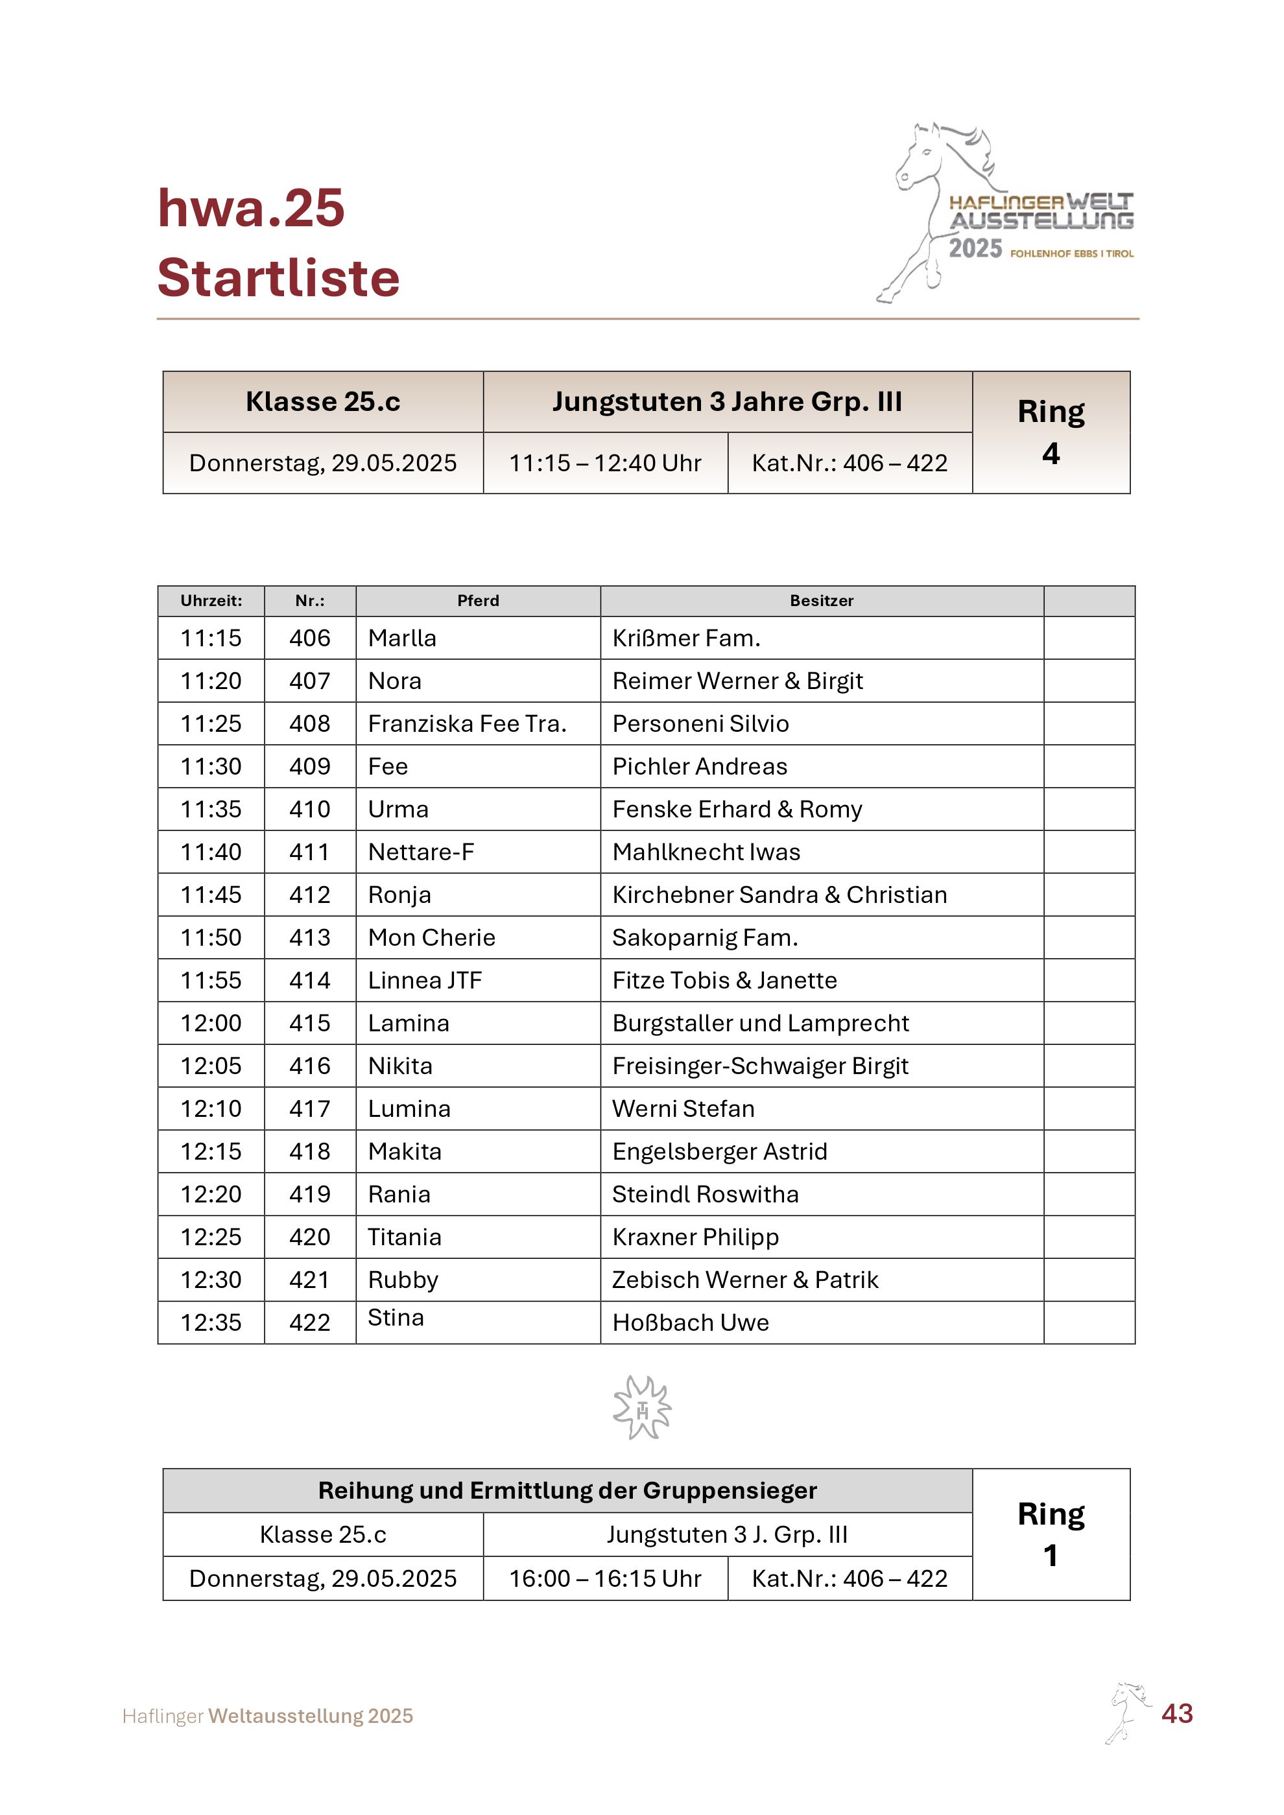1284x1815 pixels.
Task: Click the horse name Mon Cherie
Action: [432, 937]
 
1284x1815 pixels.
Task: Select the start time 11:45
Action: [211, 895]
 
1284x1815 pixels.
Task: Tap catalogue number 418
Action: [310, 1151]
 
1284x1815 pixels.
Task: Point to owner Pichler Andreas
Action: [700, 766]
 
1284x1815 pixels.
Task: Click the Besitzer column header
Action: [822, 601]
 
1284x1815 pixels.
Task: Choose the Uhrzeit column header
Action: [211, 601]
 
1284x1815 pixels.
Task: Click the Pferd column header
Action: [479, 601]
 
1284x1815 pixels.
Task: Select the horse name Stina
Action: [396, 1318]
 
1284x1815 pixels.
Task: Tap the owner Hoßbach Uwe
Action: [690, 1322]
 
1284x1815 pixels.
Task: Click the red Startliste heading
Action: [278, 277]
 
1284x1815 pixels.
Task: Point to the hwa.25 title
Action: [252, 208]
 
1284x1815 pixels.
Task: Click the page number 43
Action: [1176, 1713]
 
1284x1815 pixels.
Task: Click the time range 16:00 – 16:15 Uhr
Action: [605, 1578]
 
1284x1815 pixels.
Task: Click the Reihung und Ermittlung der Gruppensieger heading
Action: [567, 1490]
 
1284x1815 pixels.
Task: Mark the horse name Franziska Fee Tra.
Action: [468, 723]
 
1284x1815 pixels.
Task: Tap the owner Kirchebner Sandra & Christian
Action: [779, 895]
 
